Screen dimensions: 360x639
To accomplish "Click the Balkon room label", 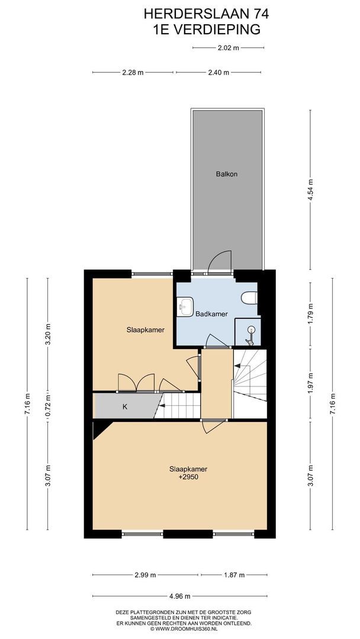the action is [226, 174].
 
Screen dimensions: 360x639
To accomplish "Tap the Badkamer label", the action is [211, 314].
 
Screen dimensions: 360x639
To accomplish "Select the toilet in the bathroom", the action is [249, 298].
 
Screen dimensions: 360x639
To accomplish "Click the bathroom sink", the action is [185, 306].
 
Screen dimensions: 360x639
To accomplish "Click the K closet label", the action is [125, 406].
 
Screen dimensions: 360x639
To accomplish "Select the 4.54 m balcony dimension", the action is [311, 189].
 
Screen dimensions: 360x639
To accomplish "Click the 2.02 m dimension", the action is [228, 48].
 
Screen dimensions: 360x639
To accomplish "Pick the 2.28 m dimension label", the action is [133, 73].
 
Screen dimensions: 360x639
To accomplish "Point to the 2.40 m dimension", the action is [218, 73].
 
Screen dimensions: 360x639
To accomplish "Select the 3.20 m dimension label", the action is [48, 334].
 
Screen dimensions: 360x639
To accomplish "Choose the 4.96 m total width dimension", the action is [180, 596].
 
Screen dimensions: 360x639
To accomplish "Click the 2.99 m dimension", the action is [146, 575].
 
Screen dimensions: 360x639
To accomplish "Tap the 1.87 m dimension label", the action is [234, 575].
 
